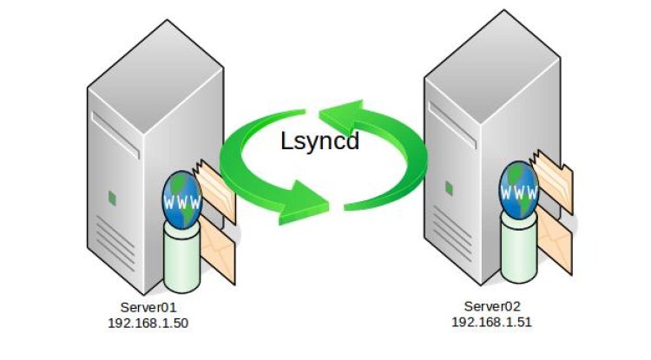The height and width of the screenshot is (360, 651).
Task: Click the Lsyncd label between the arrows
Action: (319, 141)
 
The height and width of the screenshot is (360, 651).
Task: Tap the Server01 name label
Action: (148, 307)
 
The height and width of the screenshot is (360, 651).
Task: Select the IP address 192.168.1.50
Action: (148, 323)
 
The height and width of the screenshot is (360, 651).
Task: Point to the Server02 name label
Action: (492, 306)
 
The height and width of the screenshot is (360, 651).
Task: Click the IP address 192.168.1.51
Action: (491, 322)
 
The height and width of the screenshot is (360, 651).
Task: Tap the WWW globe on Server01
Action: (182, 200)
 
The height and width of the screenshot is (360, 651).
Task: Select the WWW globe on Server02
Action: (518, 190)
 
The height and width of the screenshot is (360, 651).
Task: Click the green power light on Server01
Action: (112, 198)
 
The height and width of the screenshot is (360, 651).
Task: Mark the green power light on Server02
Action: (449, 188)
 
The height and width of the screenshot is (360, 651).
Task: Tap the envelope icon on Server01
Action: (217, 253)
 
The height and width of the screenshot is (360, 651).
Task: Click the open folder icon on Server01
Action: (214, 190)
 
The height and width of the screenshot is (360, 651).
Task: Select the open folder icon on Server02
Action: (552, 181)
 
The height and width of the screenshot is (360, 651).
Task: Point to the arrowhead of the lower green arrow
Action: (306, 204)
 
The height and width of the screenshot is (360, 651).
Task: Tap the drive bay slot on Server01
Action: (115, 135)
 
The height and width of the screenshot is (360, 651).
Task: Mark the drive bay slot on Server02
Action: (452, 125)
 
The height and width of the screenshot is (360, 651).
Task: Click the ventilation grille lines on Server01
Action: (115, 244)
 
